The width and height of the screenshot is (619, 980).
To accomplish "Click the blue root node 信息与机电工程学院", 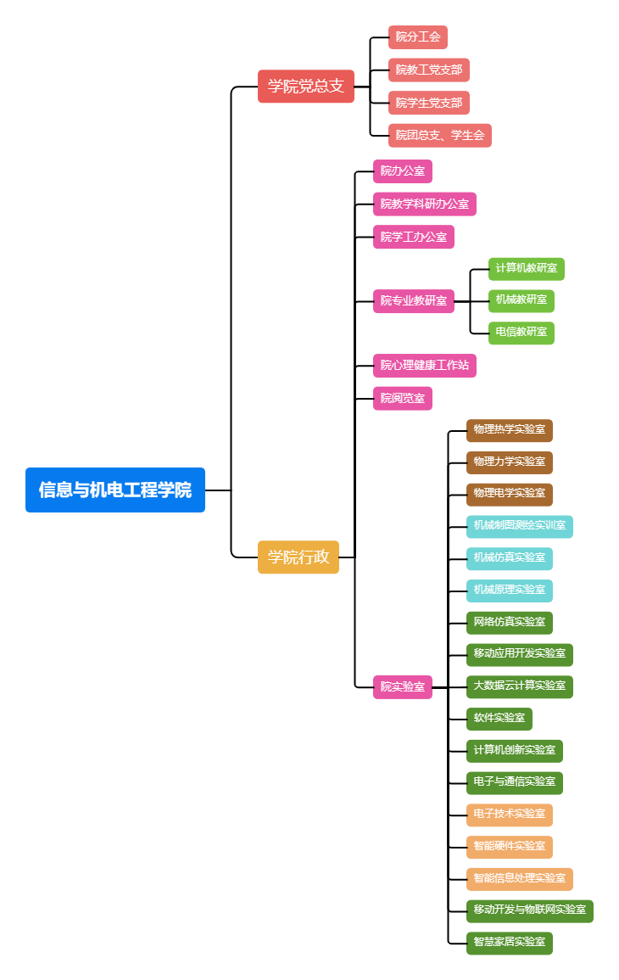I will tap(115, 490).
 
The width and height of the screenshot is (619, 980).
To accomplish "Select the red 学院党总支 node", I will tap(305, 86).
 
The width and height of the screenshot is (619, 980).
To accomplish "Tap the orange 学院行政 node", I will tap(298, 557).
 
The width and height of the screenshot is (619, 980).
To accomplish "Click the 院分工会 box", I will tap(418, 37).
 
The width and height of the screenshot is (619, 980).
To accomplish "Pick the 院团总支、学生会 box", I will tap(440, 135).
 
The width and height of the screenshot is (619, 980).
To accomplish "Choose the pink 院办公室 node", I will tap(403, 171).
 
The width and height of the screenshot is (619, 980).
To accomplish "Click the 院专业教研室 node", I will tap(414, 301).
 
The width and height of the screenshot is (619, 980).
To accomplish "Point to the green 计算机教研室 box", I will tap(527, 269).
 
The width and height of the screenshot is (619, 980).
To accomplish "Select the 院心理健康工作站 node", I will tap(425, 366).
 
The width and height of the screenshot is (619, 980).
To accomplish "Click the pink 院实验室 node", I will tap(403, 686).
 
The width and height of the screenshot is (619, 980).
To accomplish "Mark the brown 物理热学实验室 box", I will tap(510, 430).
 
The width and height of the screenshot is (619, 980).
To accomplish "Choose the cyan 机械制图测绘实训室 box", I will tap(520, 526).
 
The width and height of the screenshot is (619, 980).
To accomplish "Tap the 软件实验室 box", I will tap(499, 719).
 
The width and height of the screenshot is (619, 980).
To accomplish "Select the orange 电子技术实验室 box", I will tap(510, 815).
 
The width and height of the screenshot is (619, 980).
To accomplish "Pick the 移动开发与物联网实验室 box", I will tap(530, 910).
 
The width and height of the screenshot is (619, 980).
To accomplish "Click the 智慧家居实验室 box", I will tap(510, 943).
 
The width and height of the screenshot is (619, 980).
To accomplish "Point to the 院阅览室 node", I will tap(403, 398).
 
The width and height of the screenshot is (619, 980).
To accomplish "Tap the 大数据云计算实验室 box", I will tap(520, 686).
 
